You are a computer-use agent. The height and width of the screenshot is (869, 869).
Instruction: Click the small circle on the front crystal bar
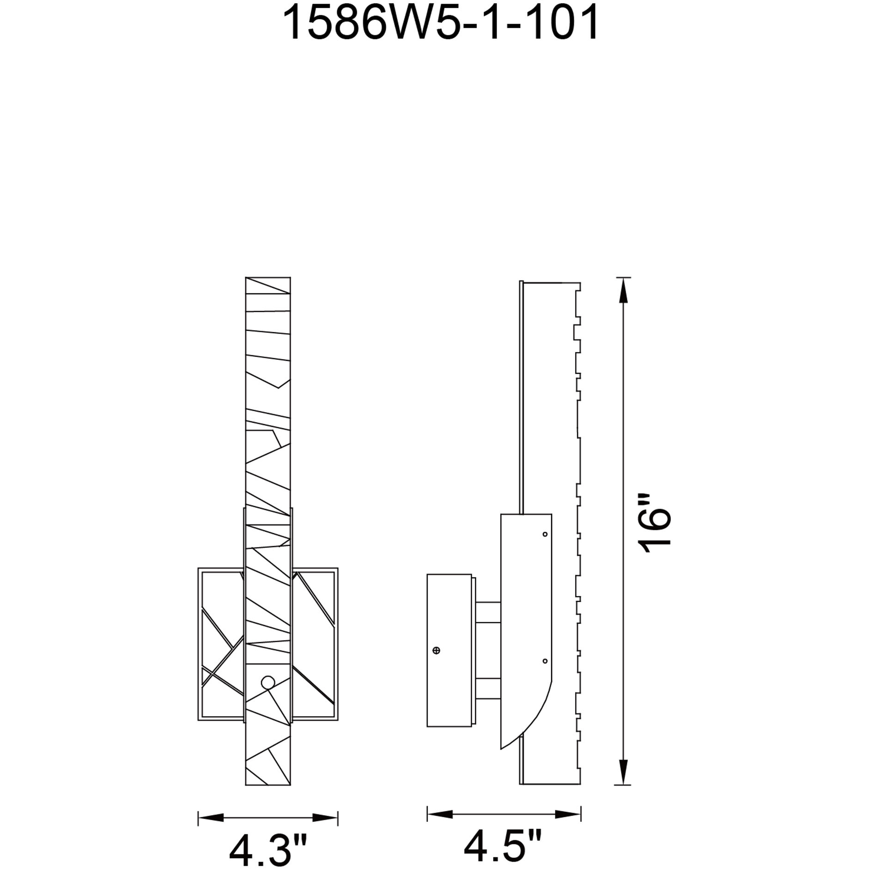click(x=267, y=682)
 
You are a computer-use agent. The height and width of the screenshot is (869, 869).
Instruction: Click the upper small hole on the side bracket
click(x=545, y=534)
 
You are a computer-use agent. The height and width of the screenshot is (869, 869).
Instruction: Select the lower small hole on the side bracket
click(x=545, y=661)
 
